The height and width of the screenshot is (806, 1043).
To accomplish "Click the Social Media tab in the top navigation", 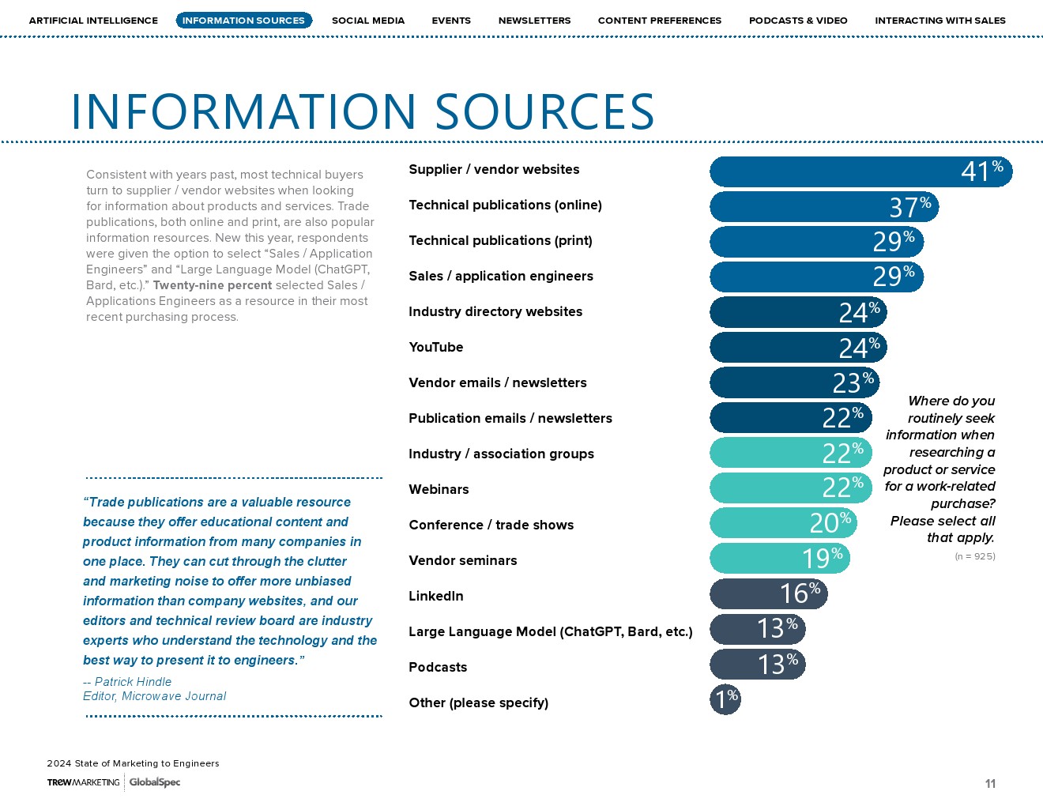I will (367, 21).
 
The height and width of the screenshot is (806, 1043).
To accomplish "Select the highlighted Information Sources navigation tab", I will (243, 21).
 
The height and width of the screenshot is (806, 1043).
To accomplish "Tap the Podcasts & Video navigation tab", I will (798, 21).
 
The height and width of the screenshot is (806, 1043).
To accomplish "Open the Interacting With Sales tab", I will (940, 21).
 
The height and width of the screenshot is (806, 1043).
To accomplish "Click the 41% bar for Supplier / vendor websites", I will (860, 171).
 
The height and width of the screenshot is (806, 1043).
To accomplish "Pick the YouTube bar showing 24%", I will (797, 348).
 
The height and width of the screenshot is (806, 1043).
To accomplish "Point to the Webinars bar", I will (790, 488).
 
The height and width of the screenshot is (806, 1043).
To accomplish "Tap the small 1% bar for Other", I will (725, 699).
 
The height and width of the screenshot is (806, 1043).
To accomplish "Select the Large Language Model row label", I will (550, 631).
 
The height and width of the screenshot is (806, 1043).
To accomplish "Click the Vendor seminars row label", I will (462, 560).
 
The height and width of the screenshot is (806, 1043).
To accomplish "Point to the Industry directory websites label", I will (495, 311).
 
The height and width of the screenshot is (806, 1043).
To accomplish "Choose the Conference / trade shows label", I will (491, 525).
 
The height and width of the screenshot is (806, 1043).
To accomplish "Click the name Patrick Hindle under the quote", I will (133, 681).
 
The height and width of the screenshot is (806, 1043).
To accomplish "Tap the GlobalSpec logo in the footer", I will (155, 782).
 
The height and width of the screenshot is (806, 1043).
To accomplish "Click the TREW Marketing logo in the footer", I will (83, 782).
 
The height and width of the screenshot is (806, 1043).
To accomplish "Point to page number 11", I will (990, 784).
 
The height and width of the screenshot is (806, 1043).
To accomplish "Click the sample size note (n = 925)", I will (975, 556).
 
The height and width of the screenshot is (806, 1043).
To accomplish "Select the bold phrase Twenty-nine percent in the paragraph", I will (212, 285).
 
